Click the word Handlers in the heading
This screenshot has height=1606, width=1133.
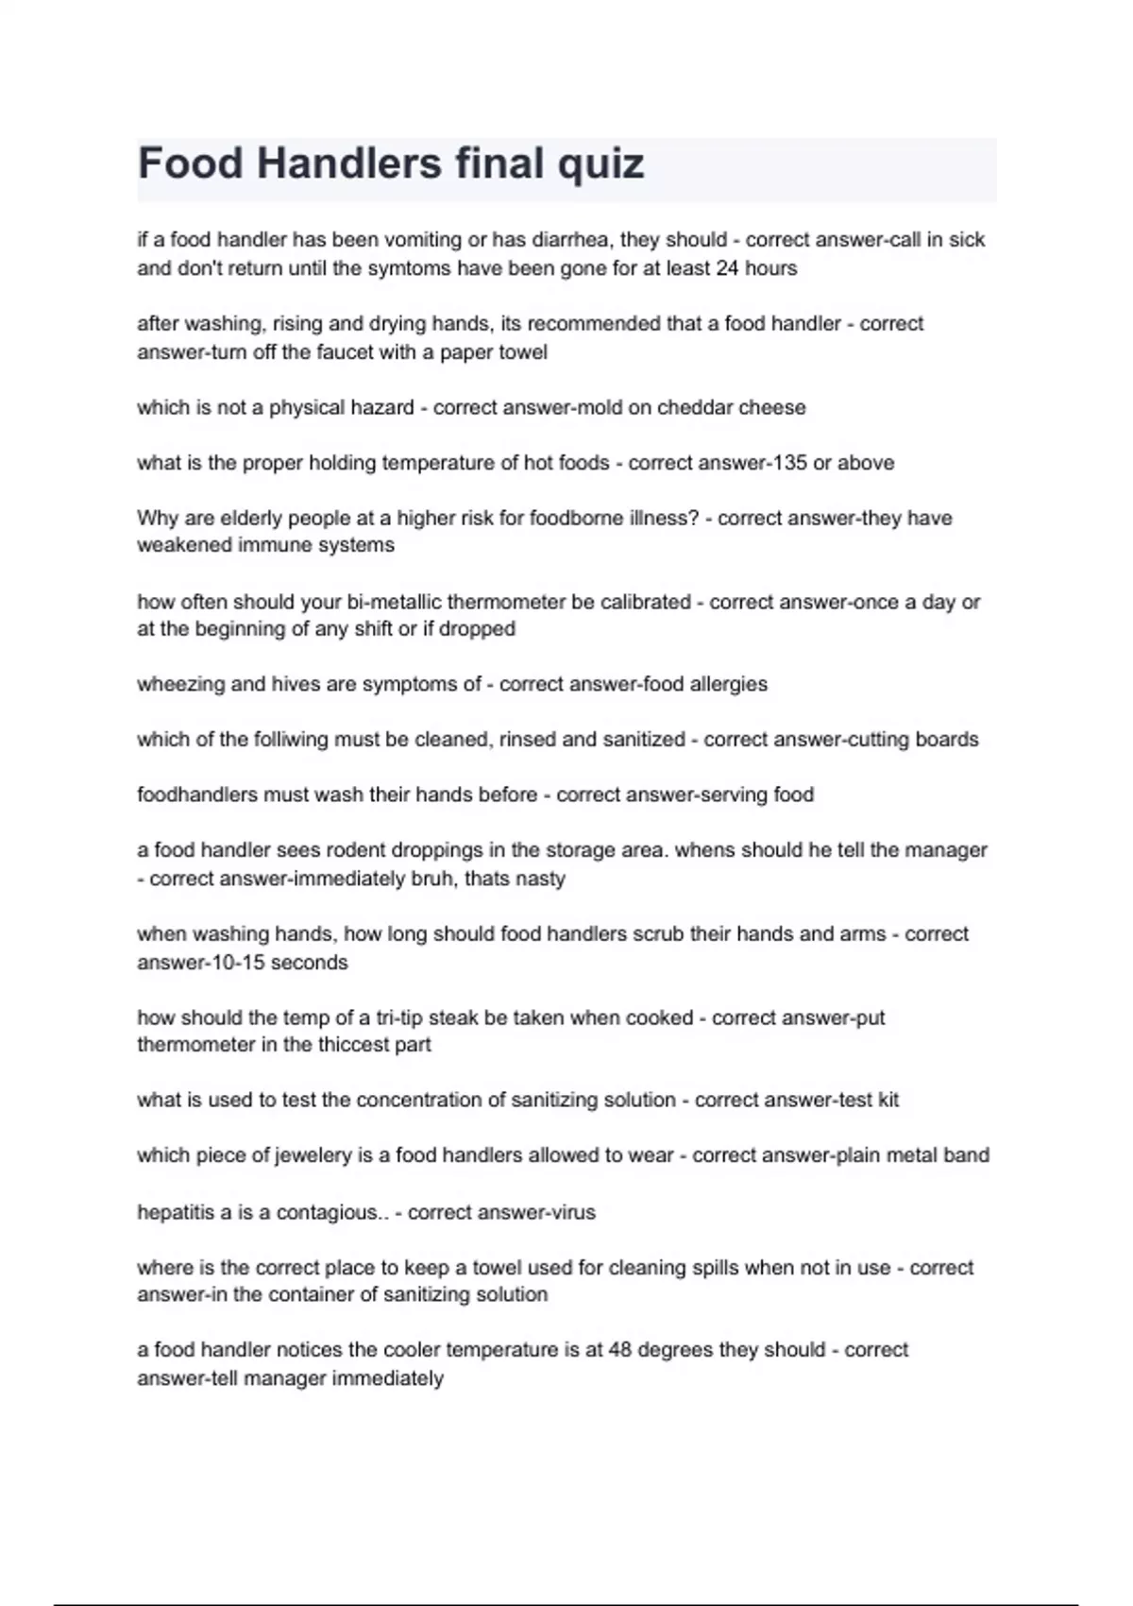coord(348,163)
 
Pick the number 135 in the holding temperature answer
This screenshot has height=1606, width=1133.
coord(781,463)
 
